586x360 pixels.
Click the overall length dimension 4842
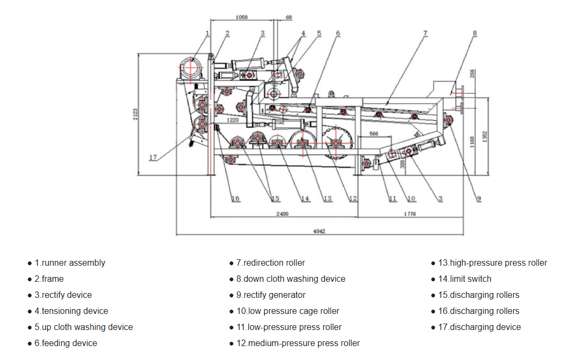tap(320, 231)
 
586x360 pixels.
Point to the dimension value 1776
tap(410, 214)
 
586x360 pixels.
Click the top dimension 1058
tap(241, 18)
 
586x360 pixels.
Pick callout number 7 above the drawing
tap(425, 33)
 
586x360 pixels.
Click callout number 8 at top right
tap(474, 33)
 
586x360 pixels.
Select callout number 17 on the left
tap(153, 157)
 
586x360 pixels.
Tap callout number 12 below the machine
tap(352, 199)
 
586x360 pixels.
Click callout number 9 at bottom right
tap(479, 199)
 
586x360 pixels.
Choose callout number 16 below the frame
tap(235, 199)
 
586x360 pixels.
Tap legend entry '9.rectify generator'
tap(271, 295)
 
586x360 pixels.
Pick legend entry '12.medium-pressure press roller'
tap(298, 343)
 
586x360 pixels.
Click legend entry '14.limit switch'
tap(464, 279)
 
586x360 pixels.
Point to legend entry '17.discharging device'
tap(479, 327)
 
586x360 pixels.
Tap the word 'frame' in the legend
tap(53, 279)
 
